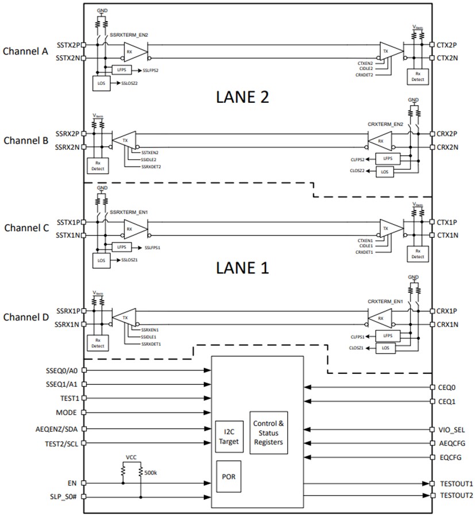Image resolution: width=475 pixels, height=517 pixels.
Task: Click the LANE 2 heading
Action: click(242, 97)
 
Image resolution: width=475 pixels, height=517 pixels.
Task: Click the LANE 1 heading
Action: click(242, 268)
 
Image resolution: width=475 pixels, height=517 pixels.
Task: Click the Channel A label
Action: click(25, 51)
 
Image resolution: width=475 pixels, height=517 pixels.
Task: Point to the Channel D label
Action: click(25, 317)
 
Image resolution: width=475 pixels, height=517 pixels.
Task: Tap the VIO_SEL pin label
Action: click(451, 429)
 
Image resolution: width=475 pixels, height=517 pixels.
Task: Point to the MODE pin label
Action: click(67, 412)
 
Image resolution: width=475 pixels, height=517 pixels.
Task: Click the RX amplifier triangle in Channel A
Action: click(133, 51)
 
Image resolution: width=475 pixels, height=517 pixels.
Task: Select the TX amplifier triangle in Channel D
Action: click(126, 317)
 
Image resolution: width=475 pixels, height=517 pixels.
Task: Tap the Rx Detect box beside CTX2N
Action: click(418, 76)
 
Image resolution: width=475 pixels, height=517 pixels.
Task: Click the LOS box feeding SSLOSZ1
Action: click(101, 260)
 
